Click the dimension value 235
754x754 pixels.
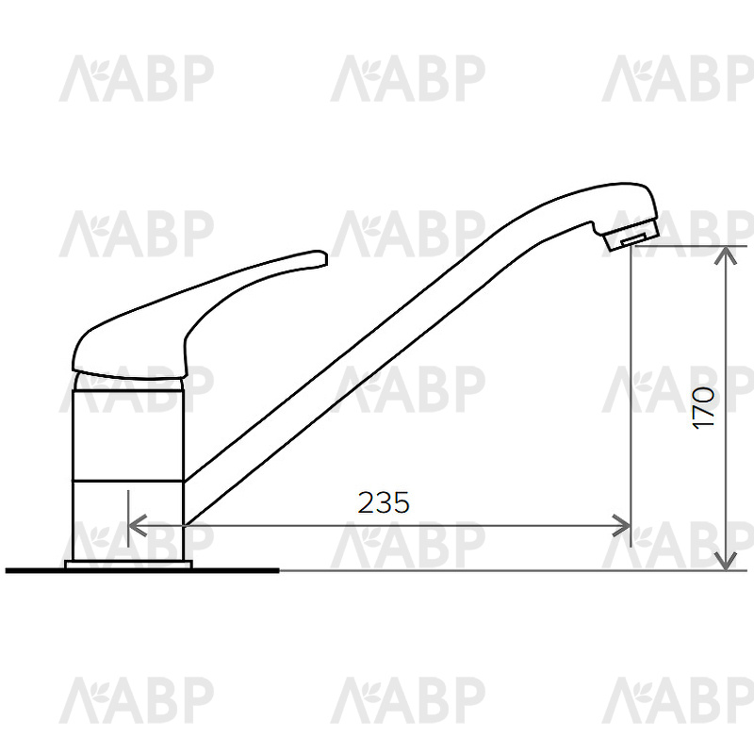[x=384, y=502]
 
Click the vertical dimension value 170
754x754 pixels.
[x=703, y=407]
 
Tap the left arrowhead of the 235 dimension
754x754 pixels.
[x=138, y=525]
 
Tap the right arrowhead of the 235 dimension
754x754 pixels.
[x=621, y=525]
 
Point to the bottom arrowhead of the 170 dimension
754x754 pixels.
[x=726, y=561]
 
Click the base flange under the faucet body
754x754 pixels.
[x=128, y=565]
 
